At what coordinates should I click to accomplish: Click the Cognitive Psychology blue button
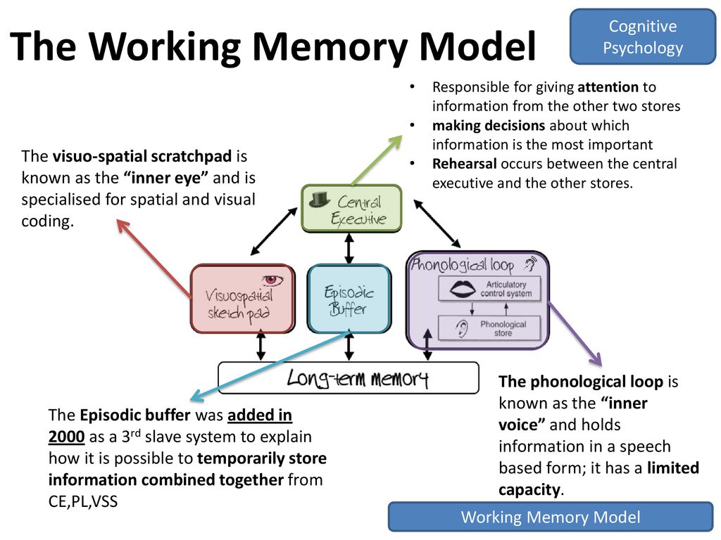[642, 37]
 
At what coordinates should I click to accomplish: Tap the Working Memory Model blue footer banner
[551, 517]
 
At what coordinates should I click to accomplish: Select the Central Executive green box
[351, 208]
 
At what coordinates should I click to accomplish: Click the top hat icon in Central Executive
[320, 199]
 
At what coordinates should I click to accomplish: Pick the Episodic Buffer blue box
[349, 298]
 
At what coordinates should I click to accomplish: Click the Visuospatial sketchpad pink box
[242, 298]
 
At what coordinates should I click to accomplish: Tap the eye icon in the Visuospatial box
[272, 280]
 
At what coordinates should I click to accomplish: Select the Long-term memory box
[348, 378]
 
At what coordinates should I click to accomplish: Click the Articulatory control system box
[489, 289]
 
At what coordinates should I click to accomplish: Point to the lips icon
[463, 289]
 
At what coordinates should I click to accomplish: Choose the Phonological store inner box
[489, 328]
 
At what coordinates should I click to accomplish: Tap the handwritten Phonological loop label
[462, 265]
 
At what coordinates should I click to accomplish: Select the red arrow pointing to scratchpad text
[154, 259]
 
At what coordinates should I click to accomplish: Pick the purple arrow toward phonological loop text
[575, 334]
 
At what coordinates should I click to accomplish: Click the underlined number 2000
[67, 436]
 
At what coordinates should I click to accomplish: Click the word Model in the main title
[478, 46]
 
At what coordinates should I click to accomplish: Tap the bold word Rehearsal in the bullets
[465, 164]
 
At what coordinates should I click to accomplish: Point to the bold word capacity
[529, 490]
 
